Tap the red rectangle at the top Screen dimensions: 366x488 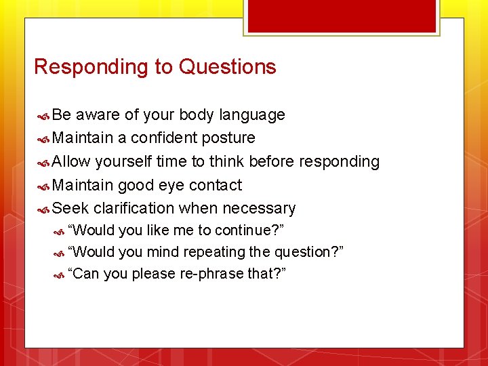(x=341, y=16)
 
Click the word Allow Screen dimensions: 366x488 (x=71, y=161)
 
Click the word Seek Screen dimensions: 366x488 (x=71, y=208)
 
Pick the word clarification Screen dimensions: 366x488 (x=134, y=208)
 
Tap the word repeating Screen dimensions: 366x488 (x=211, y=252)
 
